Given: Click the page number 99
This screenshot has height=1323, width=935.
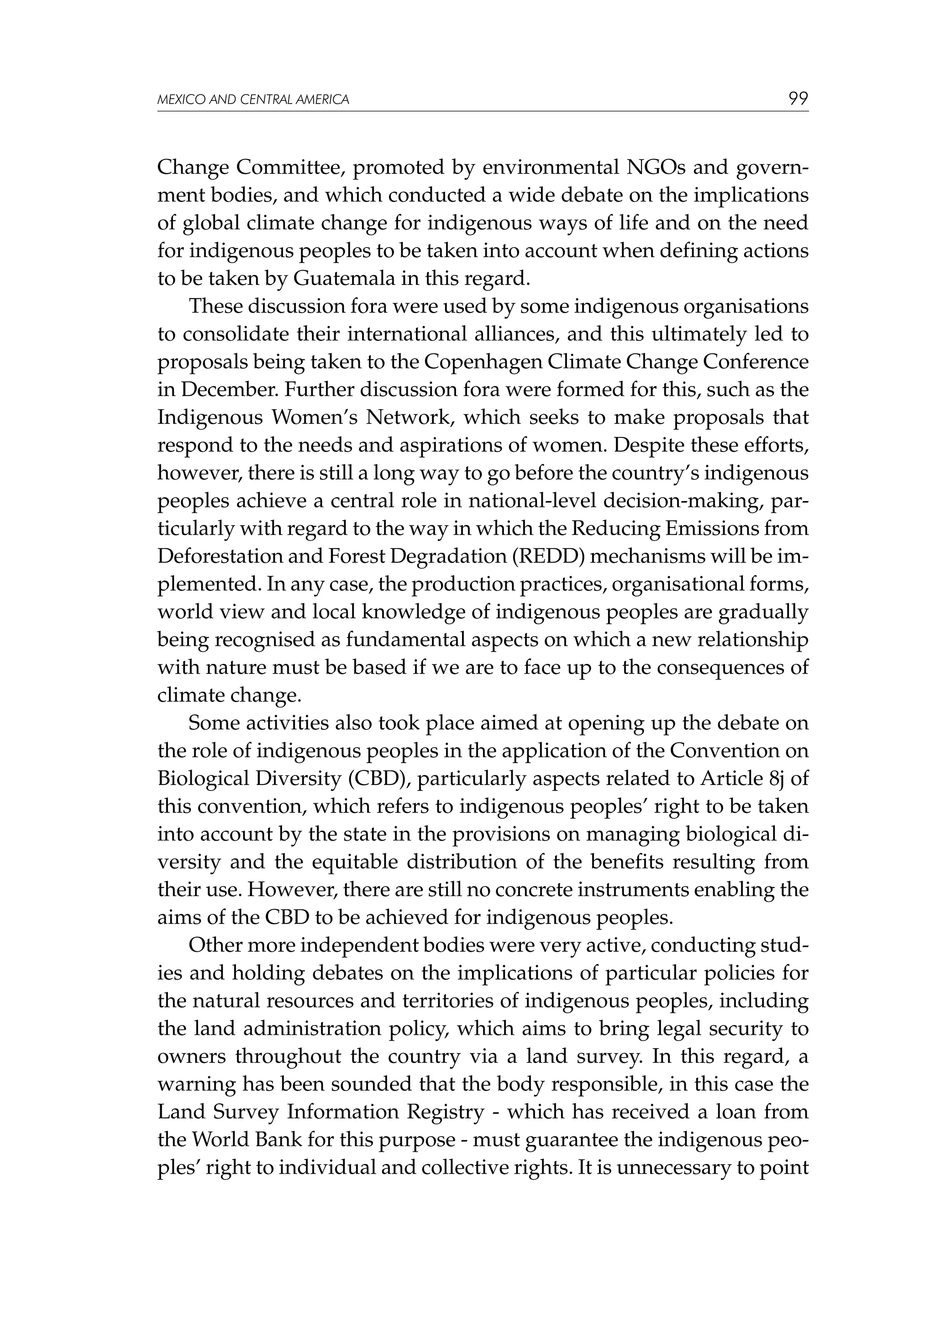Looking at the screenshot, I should coord(798,99).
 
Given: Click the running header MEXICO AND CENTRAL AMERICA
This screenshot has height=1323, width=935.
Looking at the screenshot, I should coord(253,100).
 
